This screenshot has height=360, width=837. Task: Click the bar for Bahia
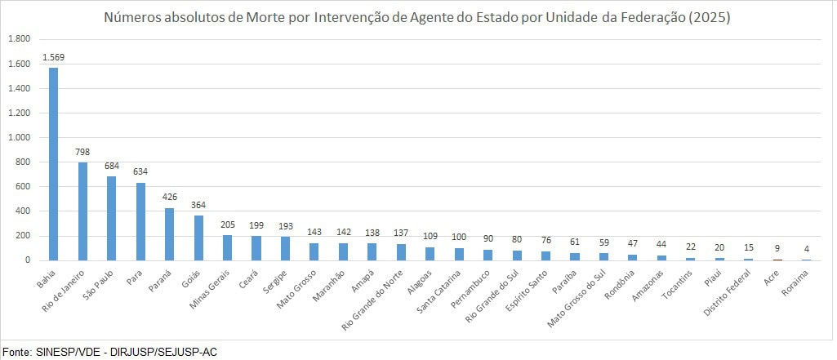(x=53, y=163)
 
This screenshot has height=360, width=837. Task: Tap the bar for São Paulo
(x=111, y=218)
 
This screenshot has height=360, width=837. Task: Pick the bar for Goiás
(x=198, y=238)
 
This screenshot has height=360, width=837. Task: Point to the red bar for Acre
(x=777, y=259)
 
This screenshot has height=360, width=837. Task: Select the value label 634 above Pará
(x=140, y=173)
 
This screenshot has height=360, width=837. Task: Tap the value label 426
(x=169, y=198)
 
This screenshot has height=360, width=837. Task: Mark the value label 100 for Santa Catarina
(x=459, y=238)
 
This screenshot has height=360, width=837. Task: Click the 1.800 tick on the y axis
(x=19, y=39)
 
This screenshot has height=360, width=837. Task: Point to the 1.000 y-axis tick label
(x=19, y=137)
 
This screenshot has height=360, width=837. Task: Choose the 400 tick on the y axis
(x=22, y=211)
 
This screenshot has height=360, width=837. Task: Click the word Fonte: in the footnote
(x=16, y=351)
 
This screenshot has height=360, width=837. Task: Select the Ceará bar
(x=256, y=247)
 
